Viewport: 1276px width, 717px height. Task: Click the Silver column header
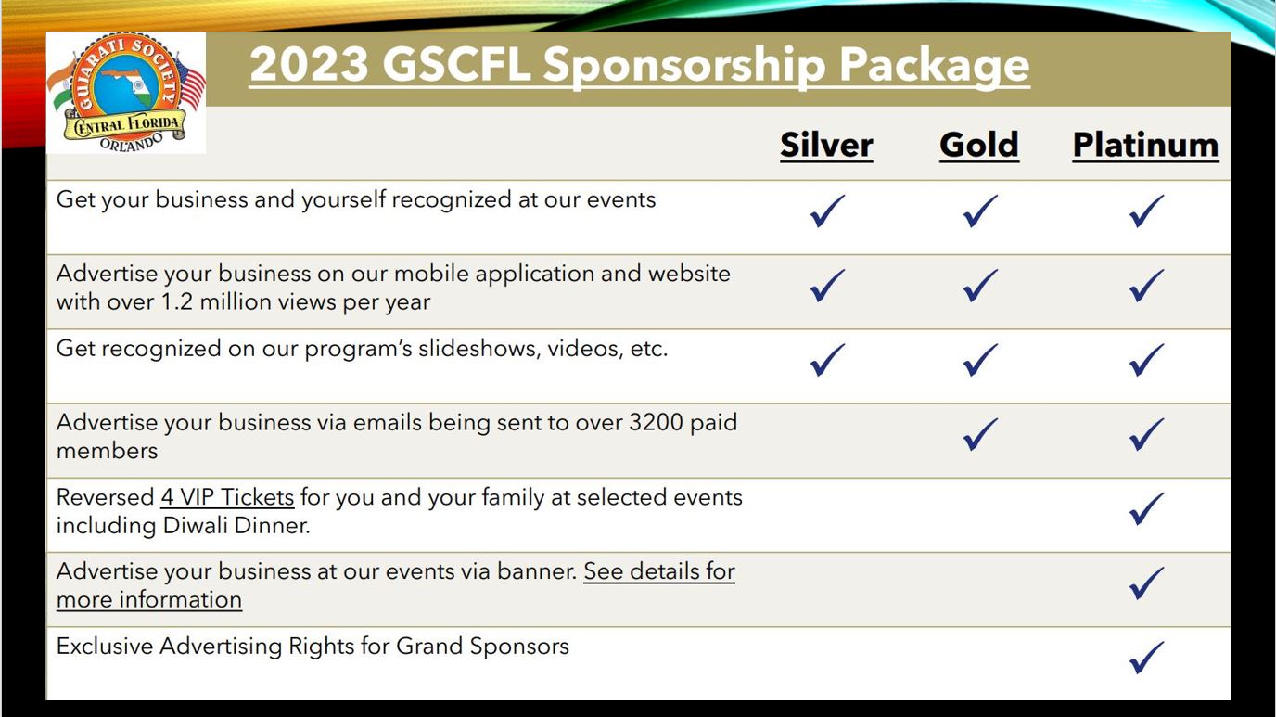click(826, 145)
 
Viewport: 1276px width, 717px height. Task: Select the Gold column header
click(979, 145)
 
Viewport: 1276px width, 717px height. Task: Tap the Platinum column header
click(1145, 145)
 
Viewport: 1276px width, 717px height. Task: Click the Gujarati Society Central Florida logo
click(126, 93)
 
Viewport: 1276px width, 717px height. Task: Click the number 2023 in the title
click(310, 64)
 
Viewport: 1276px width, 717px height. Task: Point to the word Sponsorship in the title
click(684, 66)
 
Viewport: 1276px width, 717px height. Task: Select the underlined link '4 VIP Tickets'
click(227, 497)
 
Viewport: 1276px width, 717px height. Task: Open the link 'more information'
click(149, 599)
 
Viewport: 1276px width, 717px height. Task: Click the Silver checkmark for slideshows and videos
click(827, 360)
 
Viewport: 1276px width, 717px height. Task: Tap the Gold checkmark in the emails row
click(980, 434)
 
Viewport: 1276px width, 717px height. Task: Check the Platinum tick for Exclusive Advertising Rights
click(1146, 658)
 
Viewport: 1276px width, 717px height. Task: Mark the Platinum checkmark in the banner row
click(1146, 583)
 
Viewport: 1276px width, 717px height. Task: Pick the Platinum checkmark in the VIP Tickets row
click(1146, 509)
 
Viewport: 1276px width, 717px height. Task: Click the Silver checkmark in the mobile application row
click(827, 286)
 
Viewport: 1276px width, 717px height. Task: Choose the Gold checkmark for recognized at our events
click(980, 211)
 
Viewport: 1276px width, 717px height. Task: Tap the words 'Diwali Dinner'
click(236, 526)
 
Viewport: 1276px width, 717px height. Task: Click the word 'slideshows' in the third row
click(479, 348)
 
